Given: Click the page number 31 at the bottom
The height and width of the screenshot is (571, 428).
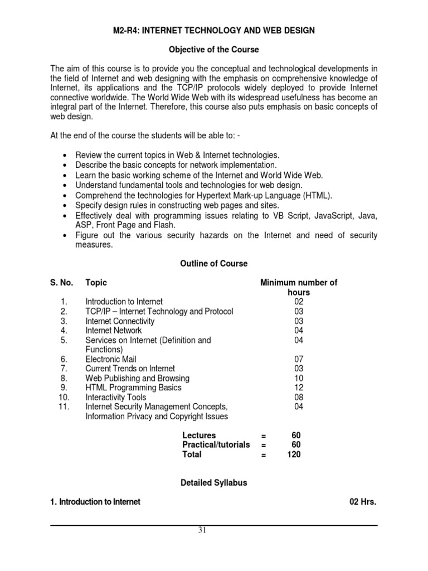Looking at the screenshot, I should [x=202, y=530].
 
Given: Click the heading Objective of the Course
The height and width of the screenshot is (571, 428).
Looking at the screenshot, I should [x=214, y=50].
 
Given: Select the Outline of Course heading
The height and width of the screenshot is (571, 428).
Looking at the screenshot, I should [x=214, y=263].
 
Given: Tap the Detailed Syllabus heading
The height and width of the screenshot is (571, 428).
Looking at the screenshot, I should [x=214, y=483].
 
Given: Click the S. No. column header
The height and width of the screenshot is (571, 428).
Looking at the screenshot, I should [x=62, y=283].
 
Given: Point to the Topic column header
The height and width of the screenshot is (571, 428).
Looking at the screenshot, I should [x=96, y=283].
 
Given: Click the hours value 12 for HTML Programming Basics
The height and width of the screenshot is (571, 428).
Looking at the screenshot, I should [x=299, y=388].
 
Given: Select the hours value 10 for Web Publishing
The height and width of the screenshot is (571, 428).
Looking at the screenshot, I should [x=299, y=378].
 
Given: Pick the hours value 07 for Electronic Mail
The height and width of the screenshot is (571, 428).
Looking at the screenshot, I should [x=299, y=359].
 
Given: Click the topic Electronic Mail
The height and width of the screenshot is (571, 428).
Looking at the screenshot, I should [x=110, y=359].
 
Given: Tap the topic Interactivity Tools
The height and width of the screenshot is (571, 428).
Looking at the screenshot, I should [x=116, y=397].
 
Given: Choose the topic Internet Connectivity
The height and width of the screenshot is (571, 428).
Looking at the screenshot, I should [x=120, y=321].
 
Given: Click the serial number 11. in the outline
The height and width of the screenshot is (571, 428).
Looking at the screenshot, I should [x=63, y=407].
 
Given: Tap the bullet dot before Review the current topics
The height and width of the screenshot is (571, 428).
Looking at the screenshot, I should [x=66, y=154].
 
